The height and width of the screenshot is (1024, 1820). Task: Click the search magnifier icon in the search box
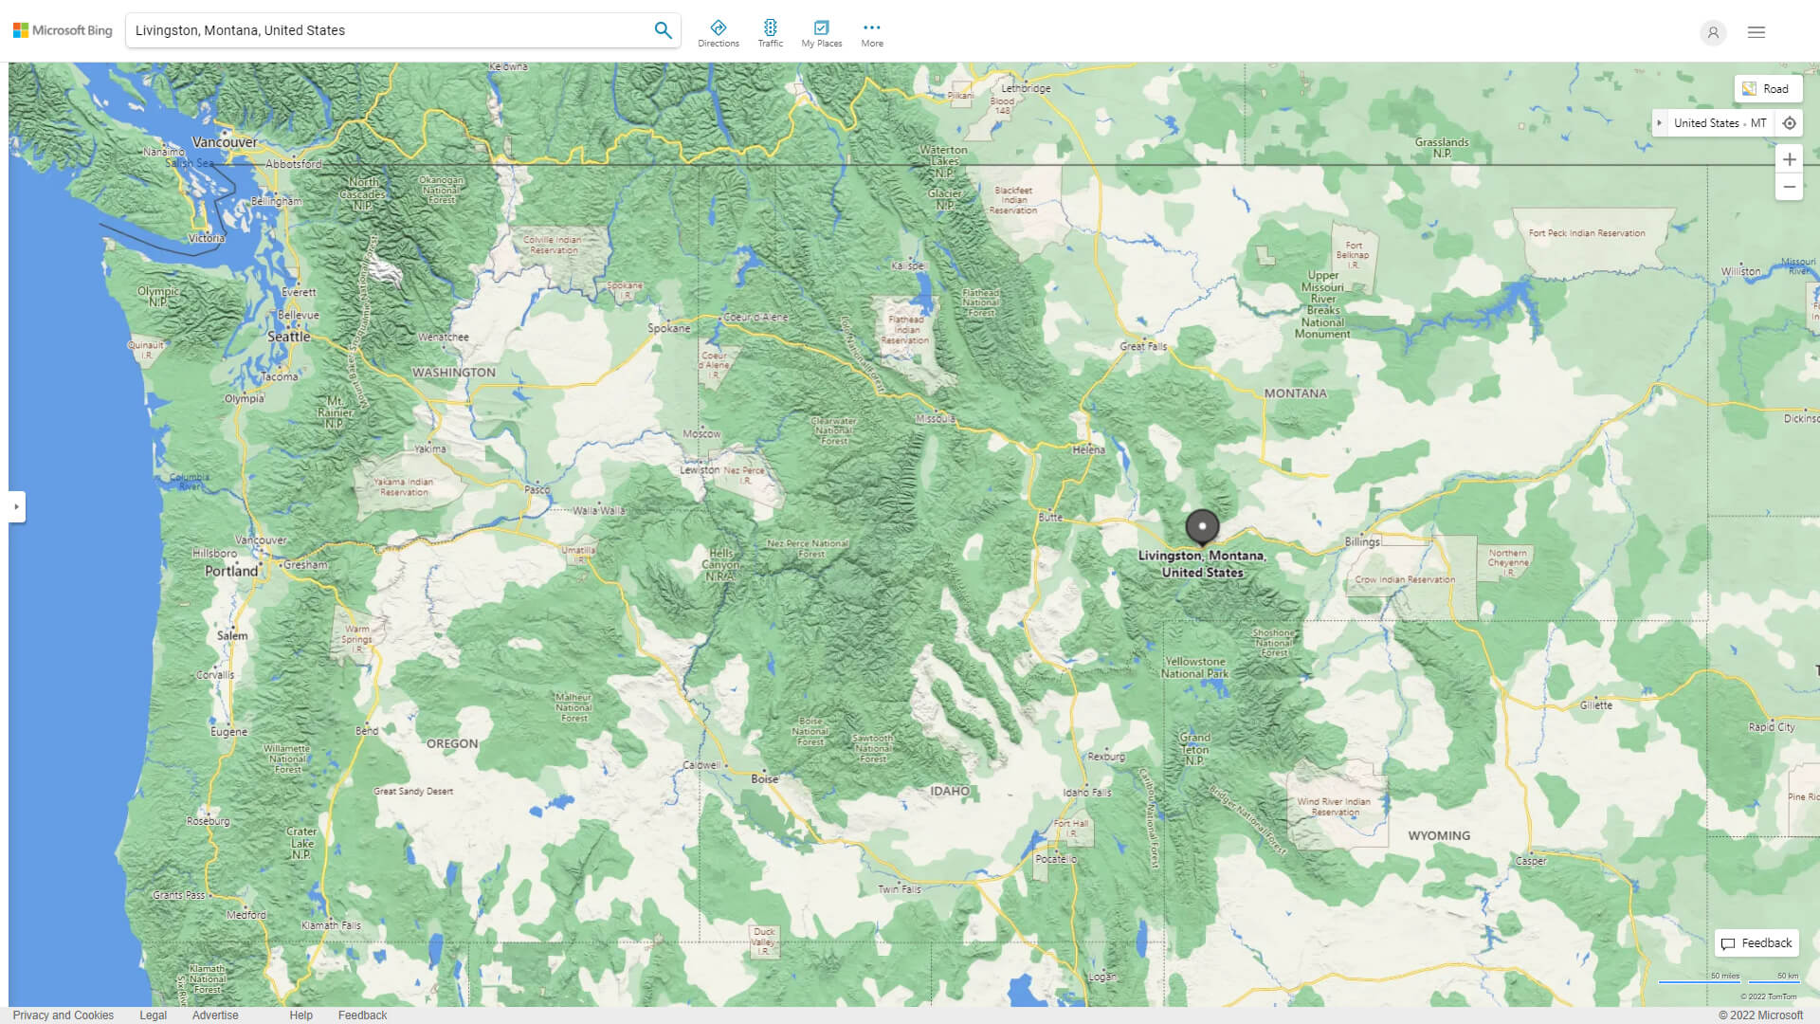(663, 30)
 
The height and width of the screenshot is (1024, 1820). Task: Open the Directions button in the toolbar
(719, 33)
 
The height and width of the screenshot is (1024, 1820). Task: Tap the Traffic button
(770, 33)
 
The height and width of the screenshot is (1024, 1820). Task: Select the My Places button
(821, 33)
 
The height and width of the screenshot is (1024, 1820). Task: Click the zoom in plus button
(1789, 159)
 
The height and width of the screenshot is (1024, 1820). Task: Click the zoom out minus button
(1789, 187)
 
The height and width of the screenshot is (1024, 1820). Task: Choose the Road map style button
(1767, 89)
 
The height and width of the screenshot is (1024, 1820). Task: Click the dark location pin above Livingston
(1202, 526)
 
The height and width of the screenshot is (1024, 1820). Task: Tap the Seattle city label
(288, 337)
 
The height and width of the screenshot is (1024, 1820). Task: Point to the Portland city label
(231, 571)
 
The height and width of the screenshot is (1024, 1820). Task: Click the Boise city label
(764, 778)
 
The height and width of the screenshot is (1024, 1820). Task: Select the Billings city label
(1362, 541)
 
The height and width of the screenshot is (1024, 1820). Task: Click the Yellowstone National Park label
(1194, 667)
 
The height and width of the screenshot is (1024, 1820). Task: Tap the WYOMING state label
(1439, 835)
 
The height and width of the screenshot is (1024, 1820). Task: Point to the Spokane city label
(669, 328)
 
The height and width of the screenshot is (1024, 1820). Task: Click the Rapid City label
(1772, 727)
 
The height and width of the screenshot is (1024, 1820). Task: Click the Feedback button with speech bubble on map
(1756, 942)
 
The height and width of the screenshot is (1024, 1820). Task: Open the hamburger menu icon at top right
(1756, 32)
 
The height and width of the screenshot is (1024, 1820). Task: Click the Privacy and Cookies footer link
(63, 1015)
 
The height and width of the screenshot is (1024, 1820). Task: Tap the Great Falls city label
(1143, 346)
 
